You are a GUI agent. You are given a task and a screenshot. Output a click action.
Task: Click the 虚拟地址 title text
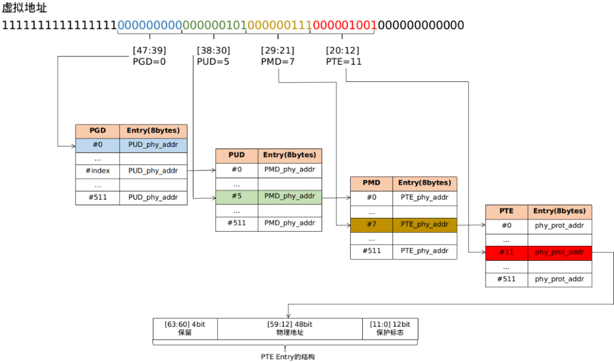(24, 8)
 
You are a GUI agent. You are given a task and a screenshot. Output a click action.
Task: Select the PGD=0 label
(149, 61)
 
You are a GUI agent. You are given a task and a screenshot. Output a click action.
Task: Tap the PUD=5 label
(213, 61)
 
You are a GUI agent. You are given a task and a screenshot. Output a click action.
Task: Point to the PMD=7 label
(277, 61)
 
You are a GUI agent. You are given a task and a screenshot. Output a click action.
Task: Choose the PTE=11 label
(344, 61)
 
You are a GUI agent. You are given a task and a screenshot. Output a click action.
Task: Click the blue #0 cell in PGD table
(97, 145)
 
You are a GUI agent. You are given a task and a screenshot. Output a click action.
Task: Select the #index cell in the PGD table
(97, 171)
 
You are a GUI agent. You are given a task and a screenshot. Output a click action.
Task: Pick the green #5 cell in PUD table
(237, 196)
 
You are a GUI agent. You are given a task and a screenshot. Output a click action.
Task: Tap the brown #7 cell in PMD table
(371, 224)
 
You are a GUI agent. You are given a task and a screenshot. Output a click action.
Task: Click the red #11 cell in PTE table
(507, 252)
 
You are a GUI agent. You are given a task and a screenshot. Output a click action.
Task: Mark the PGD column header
(97, 131)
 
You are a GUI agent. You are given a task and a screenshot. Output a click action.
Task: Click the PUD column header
(237, 155)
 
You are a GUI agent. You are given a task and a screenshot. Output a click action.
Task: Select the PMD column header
(371, 183)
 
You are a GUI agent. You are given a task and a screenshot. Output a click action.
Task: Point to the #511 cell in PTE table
(507, 279)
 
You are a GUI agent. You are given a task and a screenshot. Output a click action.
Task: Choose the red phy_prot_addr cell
(559, 252)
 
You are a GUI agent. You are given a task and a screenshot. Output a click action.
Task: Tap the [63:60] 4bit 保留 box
(185, 328)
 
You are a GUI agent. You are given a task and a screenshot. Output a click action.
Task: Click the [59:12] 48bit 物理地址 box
(289, 328)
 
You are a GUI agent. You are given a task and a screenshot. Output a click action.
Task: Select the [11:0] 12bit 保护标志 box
(389, 328)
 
